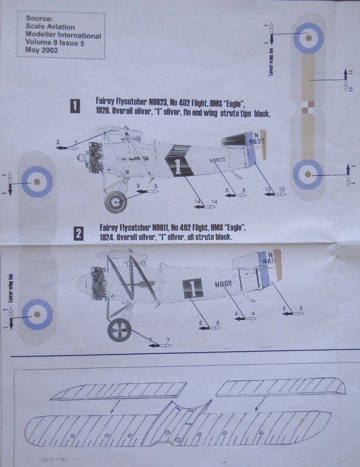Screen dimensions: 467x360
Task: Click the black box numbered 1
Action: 75,105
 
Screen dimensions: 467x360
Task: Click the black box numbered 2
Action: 79,233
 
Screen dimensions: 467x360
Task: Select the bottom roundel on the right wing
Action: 308,172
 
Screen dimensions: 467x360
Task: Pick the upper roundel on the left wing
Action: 37,181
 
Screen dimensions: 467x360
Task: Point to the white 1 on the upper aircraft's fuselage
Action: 178,165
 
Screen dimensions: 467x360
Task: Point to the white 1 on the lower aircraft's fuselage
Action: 192,288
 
